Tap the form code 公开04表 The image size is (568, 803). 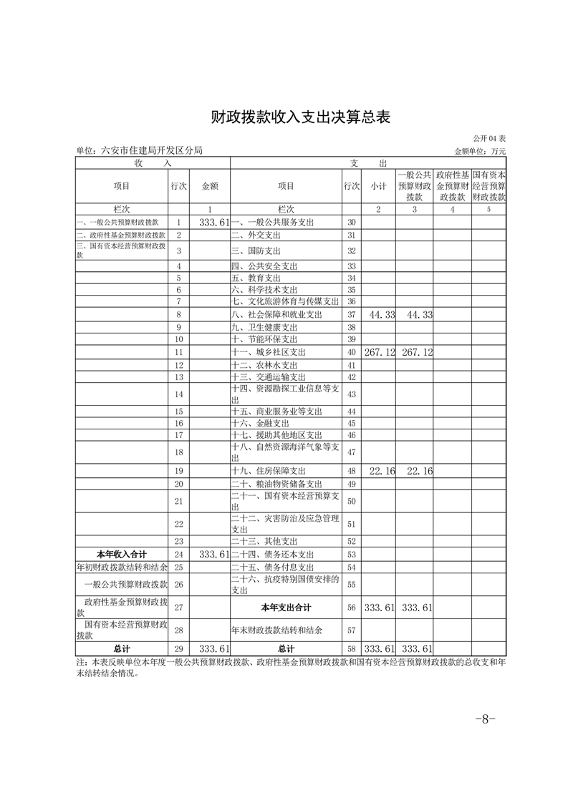pyautogui.click(x=489, y=138)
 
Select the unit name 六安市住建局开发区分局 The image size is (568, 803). pyautogui.click(x=139, y=150)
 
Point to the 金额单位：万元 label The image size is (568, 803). pyautogui.click(x=480, y=151)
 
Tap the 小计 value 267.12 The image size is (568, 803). pyautogui.click(x=380, y=352)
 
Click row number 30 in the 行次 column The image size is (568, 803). pyautogui.click(x=351, y=223)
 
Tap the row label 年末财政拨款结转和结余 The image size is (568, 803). pyautogui.click(x=276, y=631)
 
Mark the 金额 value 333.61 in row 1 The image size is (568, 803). pyautogui.click(x=213, y=223)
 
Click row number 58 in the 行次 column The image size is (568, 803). pyautogui.click(x=351, y=649)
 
